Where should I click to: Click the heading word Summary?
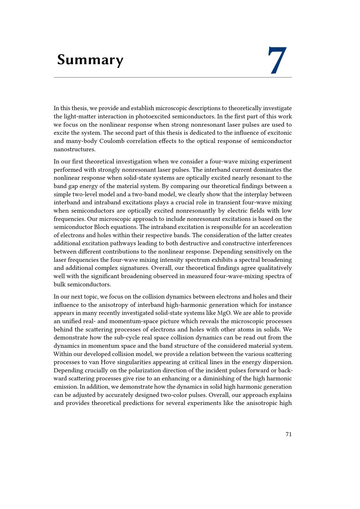90,60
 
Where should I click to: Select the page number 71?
288,434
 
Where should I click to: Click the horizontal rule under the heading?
173,77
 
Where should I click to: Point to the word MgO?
224,313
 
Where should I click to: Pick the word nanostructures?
75,149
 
